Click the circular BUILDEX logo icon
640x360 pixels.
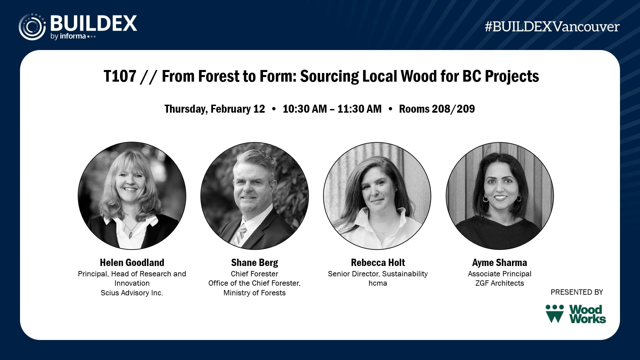(x=32, y=27)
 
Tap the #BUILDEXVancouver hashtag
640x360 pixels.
(x=552, y=27)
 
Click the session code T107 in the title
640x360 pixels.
(x=120, y=76)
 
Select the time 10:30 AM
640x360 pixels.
(x=305, y=109)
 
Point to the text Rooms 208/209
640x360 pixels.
(x=437, y=109)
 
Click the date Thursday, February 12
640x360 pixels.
(x=215, y=109)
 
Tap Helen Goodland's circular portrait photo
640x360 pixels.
(x=132, y=196)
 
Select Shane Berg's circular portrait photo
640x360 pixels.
(x=255, y=196)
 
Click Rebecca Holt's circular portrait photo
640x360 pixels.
(x=377, y=196)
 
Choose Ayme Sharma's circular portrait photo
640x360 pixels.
(x=500, y=196)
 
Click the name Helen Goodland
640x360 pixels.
(x=132, y=263)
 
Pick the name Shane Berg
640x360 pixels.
(x=255, y=263)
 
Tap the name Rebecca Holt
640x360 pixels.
(x=378, y=263)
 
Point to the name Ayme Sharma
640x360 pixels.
(x=500, y=263)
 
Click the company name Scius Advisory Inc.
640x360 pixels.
(x=132, y=293)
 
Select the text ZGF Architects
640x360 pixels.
(x=500, y=283)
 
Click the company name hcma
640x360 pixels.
(x=378, y=283)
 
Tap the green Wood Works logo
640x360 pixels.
(x=576, y=314)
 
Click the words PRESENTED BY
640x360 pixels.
(x=577, y=292)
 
